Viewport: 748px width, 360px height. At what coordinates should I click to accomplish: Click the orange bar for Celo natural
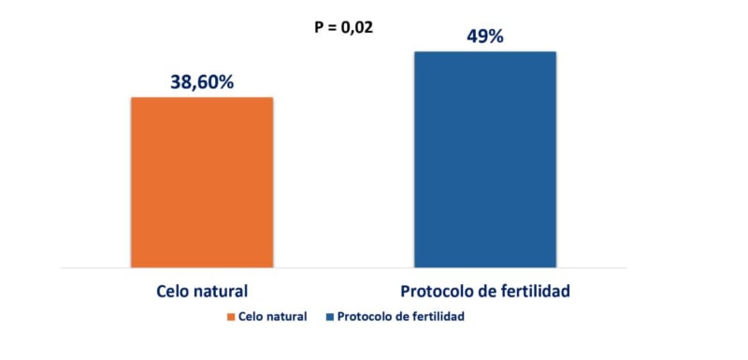pos(202,182)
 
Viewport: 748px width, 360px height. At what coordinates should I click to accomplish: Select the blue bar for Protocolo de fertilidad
pos(485,159)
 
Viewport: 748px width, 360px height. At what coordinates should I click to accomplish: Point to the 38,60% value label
pos(202,81)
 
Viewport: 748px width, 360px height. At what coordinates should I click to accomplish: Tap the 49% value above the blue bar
pos(485,36)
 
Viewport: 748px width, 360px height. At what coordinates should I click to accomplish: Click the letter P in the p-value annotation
pos(319,26)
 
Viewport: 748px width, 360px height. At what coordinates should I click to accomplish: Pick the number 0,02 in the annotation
pos(357,26)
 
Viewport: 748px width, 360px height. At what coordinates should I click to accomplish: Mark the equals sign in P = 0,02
pos(334,26)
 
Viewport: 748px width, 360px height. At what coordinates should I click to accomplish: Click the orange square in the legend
pos(230,317)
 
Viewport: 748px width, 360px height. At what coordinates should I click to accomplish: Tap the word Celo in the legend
pos(252,317)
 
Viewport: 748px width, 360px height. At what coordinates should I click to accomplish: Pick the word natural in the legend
pos(287,317)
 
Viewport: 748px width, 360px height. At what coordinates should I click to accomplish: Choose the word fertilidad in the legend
pos(435,317)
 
